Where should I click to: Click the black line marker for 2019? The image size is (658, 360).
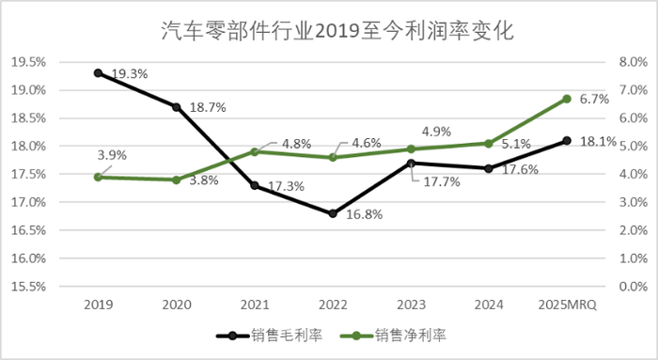click(98, 72)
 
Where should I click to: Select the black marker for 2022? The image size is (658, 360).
click(333, 213)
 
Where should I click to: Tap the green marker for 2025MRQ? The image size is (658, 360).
click(567, 98)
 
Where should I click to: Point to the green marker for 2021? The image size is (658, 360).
click(255, 151)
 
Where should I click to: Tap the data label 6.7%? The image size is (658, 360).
click(594, 98)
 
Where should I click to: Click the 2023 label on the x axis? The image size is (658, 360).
click(411, 303)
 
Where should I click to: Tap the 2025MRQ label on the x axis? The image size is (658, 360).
click(567, 303)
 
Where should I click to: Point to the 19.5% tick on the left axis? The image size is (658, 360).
click(27, 62)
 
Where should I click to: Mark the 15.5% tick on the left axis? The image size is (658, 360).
click(27, 286)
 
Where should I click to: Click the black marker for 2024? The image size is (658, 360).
click(489, 168)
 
